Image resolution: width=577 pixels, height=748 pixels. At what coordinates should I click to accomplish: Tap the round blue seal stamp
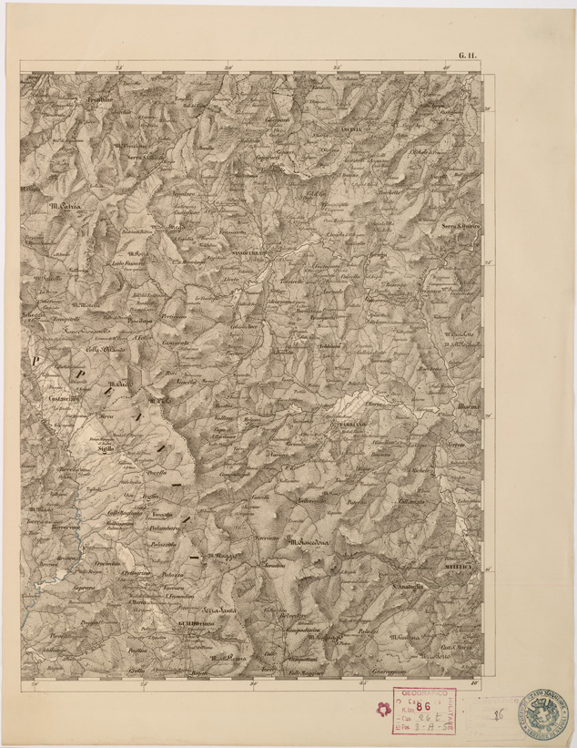pos(544,713)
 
